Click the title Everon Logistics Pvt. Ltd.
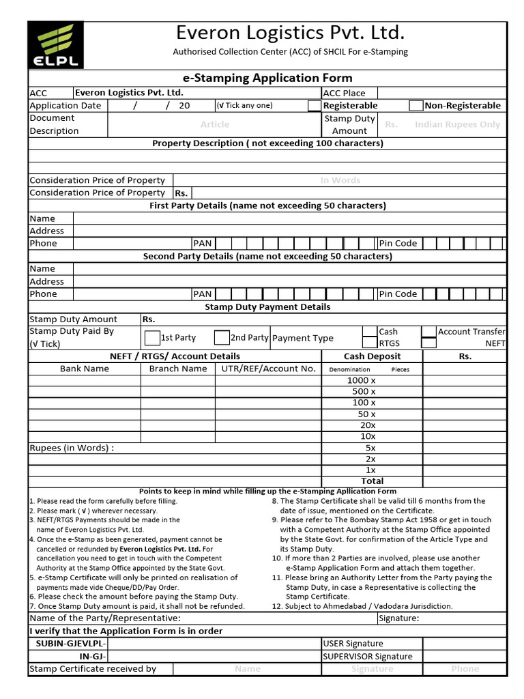click(290, 33)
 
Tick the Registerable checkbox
click(314, 106)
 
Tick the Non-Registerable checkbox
click(416, 106)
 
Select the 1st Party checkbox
click(152, 338)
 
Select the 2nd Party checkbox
click(222, 338)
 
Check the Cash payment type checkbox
click(369, 332)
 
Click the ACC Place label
click(344, 93)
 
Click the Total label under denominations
click(372, 481)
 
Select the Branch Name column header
click(178, 369)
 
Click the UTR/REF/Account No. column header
click(268, 369)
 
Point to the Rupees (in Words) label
click(72, 448)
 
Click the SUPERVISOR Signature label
click(367, 657)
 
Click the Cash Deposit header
click(372, 356)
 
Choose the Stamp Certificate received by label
click(93, 669)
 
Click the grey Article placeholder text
click(214, 124)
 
